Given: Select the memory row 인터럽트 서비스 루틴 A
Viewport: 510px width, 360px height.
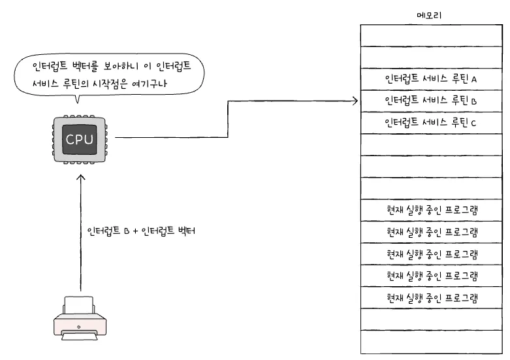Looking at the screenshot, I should click(x=431, y=79).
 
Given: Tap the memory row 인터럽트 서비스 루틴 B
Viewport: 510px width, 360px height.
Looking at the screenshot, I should click(x=431, y=101).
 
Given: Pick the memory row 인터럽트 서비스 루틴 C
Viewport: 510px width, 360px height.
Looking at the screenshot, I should click(x=431, y=123).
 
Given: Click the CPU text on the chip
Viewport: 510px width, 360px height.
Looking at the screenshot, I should click(x=78, y=139).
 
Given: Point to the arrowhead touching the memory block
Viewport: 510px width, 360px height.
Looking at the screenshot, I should click(x=355, y=101).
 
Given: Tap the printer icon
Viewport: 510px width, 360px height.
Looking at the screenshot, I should click(x=78, y=318).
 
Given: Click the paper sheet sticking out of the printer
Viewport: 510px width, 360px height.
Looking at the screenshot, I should click(x=78, y=302).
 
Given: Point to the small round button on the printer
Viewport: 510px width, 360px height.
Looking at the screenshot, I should click(x=79, y=327).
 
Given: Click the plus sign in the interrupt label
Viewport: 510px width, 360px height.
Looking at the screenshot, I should click(x=135, y=231).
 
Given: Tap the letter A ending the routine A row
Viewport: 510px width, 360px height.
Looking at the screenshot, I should click(x=475, y=79).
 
